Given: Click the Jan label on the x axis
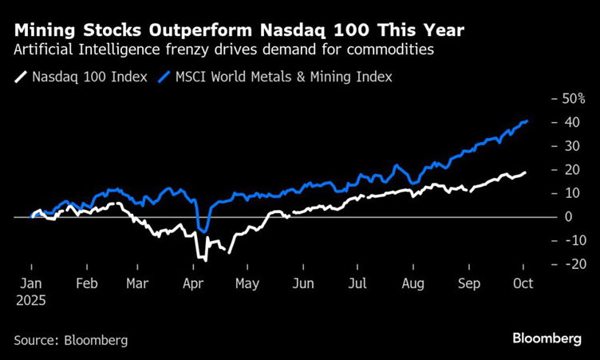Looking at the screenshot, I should [x=31, y=283].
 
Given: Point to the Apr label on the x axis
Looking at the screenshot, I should [x=192, y=283].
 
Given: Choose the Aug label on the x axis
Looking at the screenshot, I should [x=413, y=283].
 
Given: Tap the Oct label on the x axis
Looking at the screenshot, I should [x=523, y=283].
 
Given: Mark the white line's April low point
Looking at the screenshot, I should [x=205, y=260].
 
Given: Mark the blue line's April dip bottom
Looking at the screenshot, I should [x=204, y=231].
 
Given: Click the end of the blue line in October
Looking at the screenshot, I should [x=527, y=121].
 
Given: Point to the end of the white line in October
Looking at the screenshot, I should [x=526, y=172].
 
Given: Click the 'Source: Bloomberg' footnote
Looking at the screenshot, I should [x=70, y=340].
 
